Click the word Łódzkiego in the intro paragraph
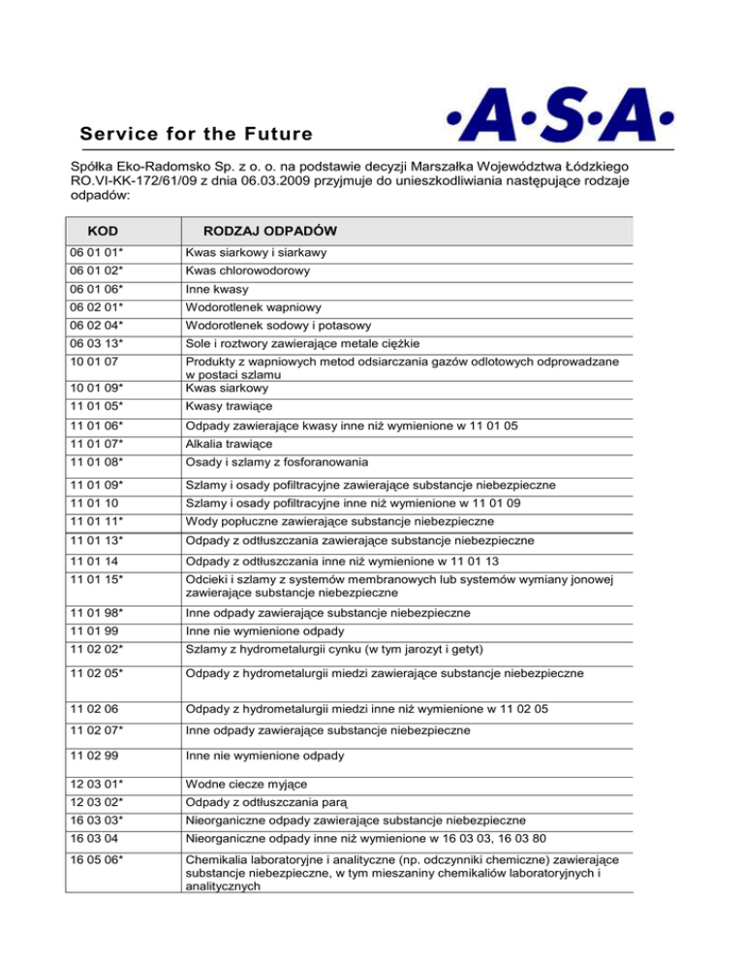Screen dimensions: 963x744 635,164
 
